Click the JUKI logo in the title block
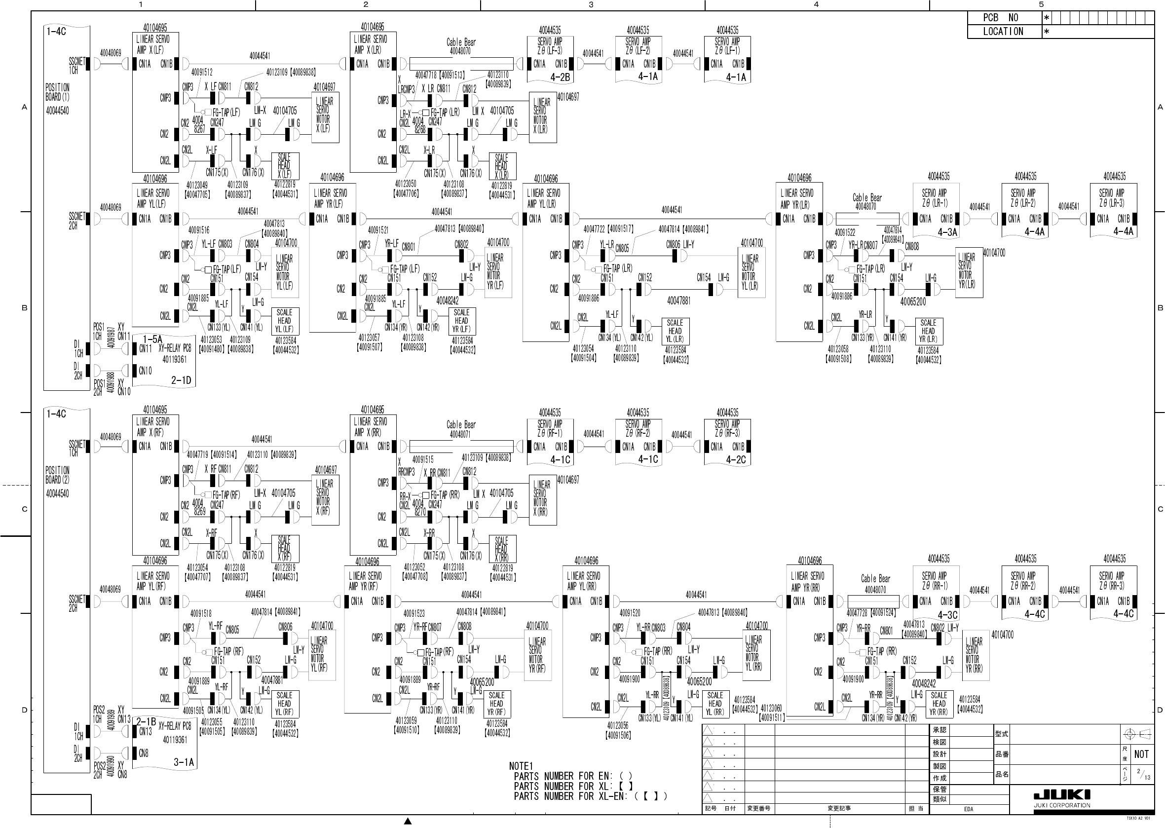pyautogui.click(x=1062, y=795)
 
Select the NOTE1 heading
pyautogui.click(x=521, y=766)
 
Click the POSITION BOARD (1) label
pyautogui.click(x=58, y=92)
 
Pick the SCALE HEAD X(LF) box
pyautogui.click(x=285, y=166)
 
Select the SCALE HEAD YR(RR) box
pyautogui.click(x=939, y=704)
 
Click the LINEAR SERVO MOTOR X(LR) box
pyautogui.click(x=542, y=117)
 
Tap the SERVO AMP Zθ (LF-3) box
pyautogui.click(x=550, y=59)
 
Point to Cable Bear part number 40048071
pyautogui.click(x=460, y=434)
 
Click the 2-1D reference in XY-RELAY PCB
pyautogui.click(x=181, y=380)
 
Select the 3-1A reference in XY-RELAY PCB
pyautogui.click(x=184, y=762)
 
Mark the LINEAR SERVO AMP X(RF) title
pyautogui.click(x=152, y=427)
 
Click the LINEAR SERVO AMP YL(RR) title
pyautogui.click(x=584, y=581)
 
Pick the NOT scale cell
pyautogui.click(x=1141, y=754)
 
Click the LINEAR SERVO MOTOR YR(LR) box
pyautogui.click(x=969, y=272)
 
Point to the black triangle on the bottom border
pyautogui.click(x=408, y=821)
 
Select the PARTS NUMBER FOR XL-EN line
pyautogui.click(x=590, y=796)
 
